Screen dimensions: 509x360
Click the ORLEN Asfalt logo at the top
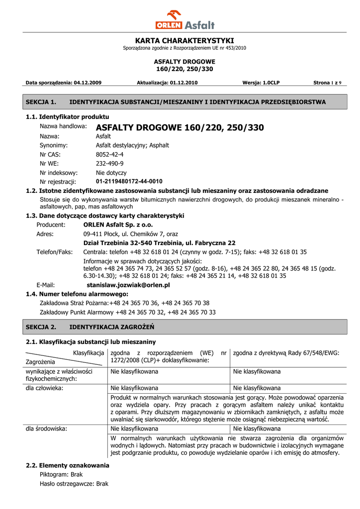coord(184,20)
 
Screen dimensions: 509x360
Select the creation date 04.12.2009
coord(88,83)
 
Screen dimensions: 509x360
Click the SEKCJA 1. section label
coord(41,102)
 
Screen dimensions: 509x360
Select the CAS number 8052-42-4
coord(109,154)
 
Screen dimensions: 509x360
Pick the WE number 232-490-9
coord(109,163)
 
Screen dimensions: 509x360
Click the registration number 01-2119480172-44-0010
coord(129,181)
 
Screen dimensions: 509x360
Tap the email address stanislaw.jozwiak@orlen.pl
coord(128,285)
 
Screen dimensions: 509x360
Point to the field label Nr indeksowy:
coord(59,172)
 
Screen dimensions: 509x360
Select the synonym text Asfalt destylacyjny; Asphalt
coord(132,145)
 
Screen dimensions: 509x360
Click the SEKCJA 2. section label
coord(41,327)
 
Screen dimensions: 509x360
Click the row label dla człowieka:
coord(44,388)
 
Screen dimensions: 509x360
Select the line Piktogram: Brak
coord(61,474)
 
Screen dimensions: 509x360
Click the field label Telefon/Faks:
coord(55,252)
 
